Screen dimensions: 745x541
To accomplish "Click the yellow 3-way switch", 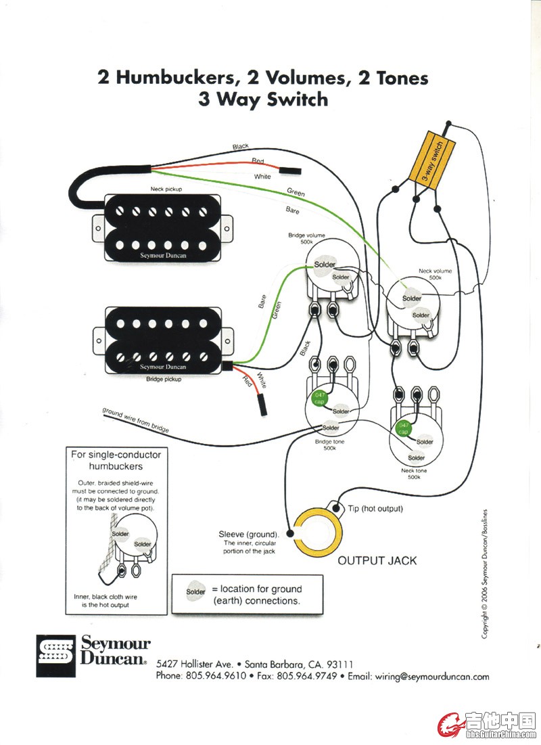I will tap(427, 158).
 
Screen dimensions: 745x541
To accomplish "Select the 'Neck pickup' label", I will tap(166, 190).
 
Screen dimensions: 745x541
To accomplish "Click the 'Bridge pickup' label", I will tap(164, 379).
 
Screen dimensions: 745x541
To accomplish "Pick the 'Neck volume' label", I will tap(434, 274).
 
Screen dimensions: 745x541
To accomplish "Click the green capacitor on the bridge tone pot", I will tap(317, 399).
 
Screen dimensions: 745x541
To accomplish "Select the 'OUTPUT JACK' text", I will tap(377, 560).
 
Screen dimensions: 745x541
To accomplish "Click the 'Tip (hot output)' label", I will tap(375, 508).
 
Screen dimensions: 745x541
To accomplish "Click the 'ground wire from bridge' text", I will tap(135, 420).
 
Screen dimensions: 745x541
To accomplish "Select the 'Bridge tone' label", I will tap(330, 443).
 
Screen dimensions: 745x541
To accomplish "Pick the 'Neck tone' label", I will tap(414, 471).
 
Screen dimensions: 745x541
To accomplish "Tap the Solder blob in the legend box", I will tap(195, 592).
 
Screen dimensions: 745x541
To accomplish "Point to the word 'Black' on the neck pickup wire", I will tap(240, 147).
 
